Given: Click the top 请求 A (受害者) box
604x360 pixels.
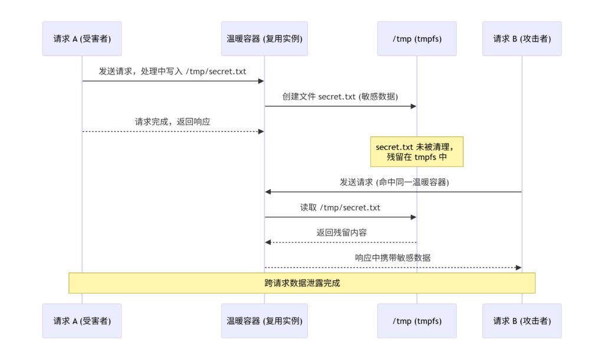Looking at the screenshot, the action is click(82, 38).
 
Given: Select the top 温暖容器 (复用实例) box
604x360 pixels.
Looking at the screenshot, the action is click(264, 38).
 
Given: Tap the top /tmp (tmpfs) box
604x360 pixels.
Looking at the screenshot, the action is click(417, 38).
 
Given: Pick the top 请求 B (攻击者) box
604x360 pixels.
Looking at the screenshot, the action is click(522, 38).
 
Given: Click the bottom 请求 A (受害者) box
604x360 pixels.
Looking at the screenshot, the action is click(82, 320).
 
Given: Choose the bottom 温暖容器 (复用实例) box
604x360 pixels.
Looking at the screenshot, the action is click(264, 320).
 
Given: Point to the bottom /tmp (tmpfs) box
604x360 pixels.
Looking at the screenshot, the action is click(417, 320).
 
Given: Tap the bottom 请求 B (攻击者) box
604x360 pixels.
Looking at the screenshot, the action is click(522, 320).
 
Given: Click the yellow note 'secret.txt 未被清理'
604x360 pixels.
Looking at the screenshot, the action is click(417, 152).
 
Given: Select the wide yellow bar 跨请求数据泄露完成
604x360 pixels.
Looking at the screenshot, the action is click(302, 283).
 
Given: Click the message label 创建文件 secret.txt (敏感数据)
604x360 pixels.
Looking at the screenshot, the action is click(340, 96).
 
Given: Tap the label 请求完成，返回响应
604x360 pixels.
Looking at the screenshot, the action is click(173, 122).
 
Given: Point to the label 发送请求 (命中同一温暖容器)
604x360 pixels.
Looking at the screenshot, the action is click(394, 182).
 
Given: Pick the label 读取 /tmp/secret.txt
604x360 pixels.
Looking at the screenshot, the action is click(340, 207).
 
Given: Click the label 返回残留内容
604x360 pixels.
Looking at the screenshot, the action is click(342, 233).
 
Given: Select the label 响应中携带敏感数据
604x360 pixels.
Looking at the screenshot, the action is click(393, 258).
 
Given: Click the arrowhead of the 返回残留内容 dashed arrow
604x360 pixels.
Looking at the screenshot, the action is click(268, 242).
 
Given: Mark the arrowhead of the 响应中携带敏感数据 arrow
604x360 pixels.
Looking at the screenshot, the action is click(518, 267).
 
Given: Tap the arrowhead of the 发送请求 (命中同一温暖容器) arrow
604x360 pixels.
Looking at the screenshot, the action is click(268, 192).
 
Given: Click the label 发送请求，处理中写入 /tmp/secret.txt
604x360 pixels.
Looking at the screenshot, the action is click(173, 71).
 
